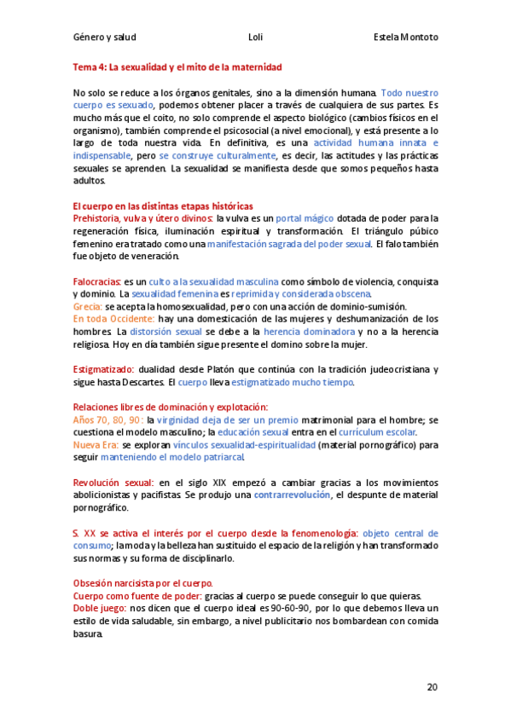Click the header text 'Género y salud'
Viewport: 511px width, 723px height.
tap(105, 38)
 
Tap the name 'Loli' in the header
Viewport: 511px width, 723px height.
tap(255, 38)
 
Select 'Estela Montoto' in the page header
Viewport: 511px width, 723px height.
tap(406, 38)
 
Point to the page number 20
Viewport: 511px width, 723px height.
tap(432, 687)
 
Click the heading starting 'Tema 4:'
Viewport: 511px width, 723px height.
tap(177, 67)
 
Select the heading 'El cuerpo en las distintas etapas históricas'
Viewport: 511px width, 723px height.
tap(162, 207)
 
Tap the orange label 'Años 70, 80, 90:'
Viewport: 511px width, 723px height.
tap(108, 419)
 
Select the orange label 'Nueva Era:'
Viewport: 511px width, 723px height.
tap(96, 444)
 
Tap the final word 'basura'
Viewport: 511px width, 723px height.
tap(88, 633)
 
